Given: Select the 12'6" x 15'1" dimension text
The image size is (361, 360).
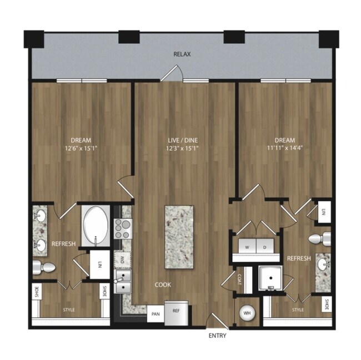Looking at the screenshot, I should [x=81, y=149].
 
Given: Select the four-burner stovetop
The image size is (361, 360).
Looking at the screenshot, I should [x=122, y=228].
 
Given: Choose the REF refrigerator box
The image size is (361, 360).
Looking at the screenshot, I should [x=176, y=312].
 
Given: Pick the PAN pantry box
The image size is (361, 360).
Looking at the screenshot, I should [x=156, y=314].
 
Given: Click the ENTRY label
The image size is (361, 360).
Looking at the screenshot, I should [x=217, y=336].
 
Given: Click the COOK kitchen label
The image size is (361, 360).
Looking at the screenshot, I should [x=163, y=285].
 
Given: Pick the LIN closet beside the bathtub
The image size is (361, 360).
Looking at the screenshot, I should [x=100, y=265].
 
